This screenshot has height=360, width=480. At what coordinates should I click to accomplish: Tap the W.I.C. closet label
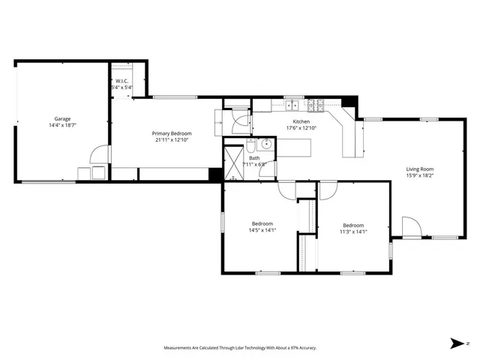click(x=121, y=81)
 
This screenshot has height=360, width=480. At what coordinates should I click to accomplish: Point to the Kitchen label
click(x=301, y=121)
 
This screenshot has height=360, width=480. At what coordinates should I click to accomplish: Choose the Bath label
click(x=255, y=157)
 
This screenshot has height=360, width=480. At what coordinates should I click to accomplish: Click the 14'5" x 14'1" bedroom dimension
click(x=262, y=230)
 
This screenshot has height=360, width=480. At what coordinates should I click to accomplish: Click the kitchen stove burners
click(x=317, y=105)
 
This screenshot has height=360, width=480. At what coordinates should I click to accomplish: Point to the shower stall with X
click(x=235, y=160)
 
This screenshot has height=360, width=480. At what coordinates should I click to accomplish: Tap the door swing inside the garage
click(x=98, y=155)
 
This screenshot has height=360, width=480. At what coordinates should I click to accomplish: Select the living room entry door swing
click(x=411, y=226)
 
